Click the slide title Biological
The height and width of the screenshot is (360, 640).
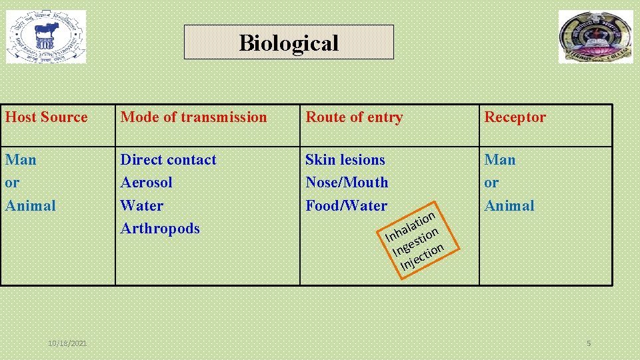(x=289, y=43)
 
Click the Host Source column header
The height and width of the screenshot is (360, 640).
(x=47, y=117)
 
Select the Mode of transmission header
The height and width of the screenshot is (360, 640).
(x=193, y=117)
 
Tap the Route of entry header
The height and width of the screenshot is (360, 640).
(x=354, y=117)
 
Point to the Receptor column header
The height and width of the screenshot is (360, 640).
(x=515, y=117)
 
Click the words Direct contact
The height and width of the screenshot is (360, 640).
(x=168, y=160)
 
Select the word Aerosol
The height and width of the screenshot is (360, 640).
(x=146, y=183)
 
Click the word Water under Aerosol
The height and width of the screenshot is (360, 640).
(x=141, y=205)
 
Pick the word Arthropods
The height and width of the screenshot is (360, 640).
(x=160, y=228)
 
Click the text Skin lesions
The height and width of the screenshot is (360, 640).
(x=345, y=160)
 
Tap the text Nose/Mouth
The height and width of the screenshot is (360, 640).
(x=347, y=183)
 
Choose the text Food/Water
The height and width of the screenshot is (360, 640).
(x=346, y=205)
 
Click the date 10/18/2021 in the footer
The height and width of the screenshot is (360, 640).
(x=67, y=343)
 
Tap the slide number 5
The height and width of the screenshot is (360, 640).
(x=589, y=343)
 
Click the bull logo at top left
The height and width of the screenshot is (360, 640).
(x=46, y=37)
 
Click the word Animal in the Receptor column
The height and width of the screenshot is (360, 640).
(x=509, y=205)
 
